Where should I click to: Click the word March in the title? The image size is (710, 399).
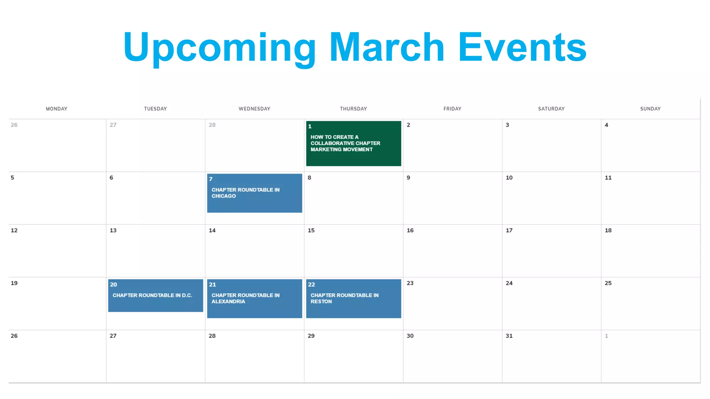pyautogui.click(x=387, y=47)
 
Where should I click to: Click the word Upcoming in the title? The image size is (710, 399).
pyautogui.click(x=219, y=47)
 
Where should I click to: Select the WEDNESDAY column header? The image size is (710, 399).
pyautogui.click(x=254, y=109)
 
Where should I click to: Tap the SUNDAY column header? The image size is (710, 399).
pyautogui.click(x=650, y=109)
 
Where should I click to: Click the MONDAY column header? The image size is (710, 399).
pyautogui.click(x=57, y=109)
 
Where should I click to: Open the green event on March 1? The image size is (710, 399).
pyautogui.click(x=353, y=143)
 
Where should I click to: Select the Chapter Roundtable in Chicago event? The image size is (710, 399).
pyautogui.click(x=254, y=193)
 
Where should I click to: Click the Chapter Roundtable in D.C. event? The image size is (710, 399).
pyautogui.click(x=155, y=295)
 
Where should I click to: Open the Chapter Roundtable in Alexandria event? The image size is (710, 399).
pyautogui.click(x=254, y=298)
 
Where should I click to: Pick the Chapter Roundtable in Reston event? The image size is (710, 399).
pyautogui.click(x=353, y=298)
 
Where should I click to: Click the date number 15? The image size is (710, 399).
pyautogui.click(x=311, y=230)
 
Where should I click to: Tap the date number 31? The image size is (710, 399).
pyautogui.click(x=509, y=336)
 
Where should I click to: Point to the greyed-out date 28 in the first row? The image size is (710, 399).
pyautogui.click(x=212, y=125)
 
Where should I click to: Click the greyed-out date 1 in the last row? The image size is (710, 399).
pyautogui.click(x=606, y=336)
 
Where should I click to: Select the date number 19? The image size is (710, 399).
pyautogui.click(x=14, y=283)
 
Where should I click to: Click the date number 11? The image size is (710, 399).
pyautogui.click(x=608, y=178)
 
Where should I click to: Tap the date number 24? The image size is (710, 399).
pyautogui.click(x=509, y=283)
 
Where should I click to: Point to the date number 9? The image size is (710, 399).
pyautogui.click(x=408, y=178)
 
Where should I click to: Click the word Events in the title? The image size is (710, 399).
pyautogui.click(x=522, y=47)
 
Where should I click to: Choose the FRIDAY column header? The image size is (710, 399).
pyautogui.click(x=452, y=109)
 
